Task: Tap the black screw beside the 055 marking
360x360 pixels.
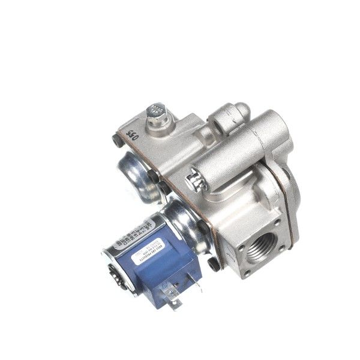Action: pos(115,142)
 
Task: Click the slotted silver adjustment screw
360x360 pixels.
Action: pos(193,179)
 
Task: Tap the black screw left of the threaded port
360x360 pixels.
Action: pos(214,263)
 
